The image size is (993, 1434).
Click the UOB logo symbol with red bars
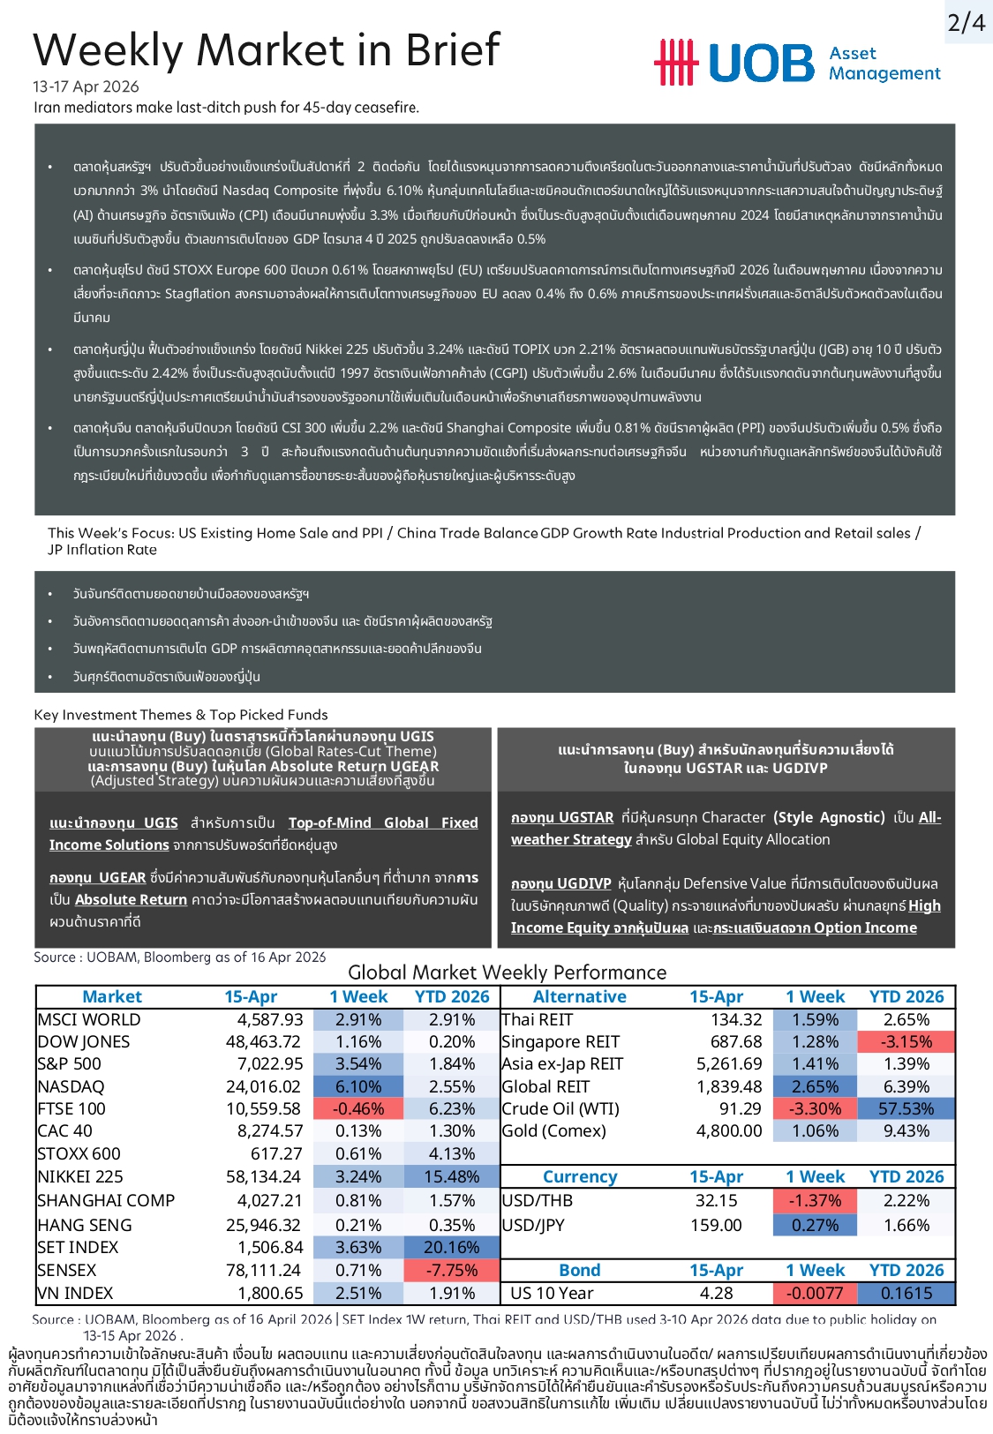click(675, 63)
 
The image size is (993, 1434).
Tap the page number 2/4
click(967, 22)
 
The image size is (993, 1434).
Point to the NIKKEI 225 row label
click(80, 1176)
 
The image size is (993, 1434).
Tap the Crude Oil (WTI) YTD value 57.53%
click(906, 1108)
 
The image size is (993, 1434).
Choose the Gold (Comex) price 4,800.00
click(729, 1130)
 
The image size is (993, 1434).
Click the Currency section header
click(580, 1176)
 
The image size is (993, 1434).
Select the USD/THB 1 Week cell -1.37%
click(816, 1200)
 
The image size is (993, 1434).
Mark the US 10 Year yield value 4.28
click(716, 1293)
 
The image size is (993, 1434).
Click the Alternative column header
click(580, 996)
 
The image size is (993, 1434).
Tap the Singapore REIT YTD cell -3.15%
click(906, 1041)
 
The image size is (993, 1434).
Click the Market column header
click(112, 996)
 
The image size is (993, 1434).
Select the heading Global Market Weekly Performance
click(507, 972)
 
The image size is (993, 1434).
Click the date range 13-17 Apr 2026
click(86, 86)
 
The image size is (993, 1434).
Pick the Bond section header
click(580, 1270)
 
